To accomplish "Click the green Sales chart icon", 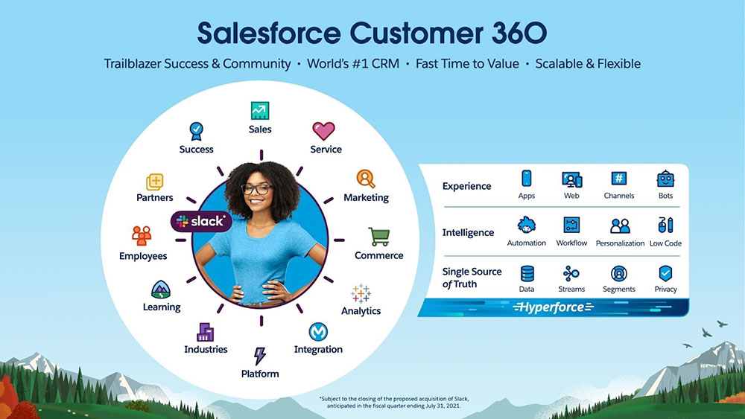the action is point(260,111).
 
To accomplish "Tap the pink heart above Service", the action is point(323,131).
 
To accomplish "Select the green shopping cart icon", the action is point(379,237).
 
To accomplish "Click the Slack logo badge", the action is point(201,221).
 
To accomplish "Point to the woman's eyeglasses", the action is point(256,189).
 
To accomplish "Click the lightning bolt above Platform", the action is point(259,356).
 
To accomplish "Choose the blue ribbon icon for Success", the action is point(196,132).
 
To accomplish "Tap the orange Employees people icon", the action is point(142,236).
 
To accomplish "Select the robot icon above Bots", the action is point(665,179).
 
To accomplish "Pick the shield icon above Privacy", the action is point(665,274).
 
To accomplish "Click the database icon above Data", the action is point(527,274).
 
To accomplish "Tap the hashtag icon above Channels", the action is point(618,179).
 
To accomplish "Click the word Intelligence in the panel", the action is point(468,232).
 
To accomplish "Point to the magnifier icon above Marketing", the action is point(366,179).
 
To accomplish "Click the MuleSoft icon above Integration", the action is point(318,332).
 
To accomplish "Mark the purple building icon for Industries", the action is point(206,332).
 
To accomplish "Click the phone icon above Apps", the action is point(527,179).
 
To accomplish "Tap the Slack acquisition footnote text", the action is point(394,403).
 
